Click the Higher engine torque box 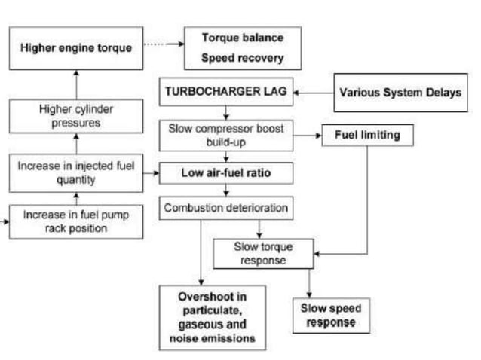coord(75,47)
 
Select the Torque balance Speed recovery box coord(242,47)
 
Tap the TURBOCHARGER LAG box coord(224,93)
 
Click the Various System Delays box coord(400,93)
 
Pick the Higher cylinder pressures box coord(76,116)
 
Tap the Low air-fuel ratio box coord(225,172)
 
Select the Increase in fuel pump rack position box coord(75,221)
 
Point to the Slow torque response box coord(264,253)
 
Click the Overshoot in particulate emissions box coord(213,316)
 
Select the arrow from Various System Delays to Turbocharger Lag coord(312,93)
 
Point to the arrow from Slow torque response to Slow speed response coord(309,283)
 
